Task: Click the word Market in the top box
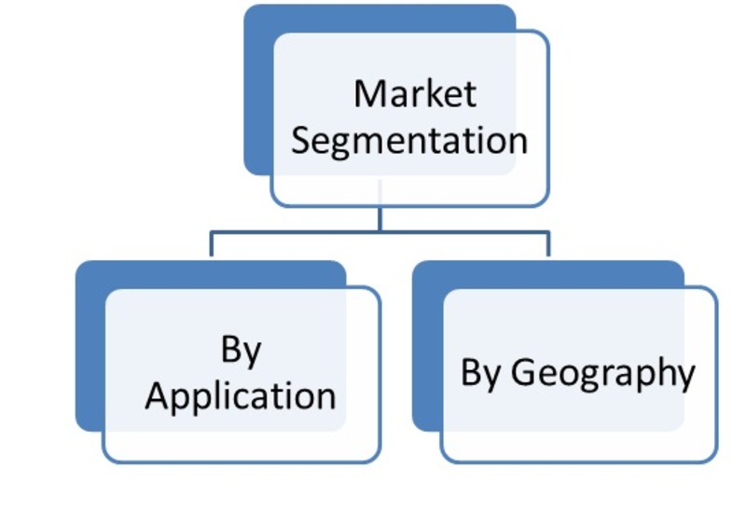(415, 94)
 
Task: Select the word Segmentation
(409, 142)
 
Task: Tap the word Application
(241, 397)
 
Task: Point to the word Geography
(602, 374)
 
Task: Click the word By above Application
(242, 351)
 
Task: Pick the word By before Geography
(480, 372)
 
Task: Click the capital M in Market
(368, 94)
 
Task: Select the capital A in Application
(158, 395)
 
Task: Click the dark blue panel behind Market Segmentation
(258, 90)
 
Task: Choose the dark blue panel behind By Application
(90, 346)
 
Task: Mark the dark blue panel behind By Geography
(427, 346)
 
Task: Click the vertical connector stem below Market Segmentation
(380, 219)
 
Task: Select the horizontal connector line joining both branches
(380, 232)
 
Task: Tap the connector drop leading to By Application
(212, 244)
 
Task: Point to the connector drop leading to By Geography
(548, 244)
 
